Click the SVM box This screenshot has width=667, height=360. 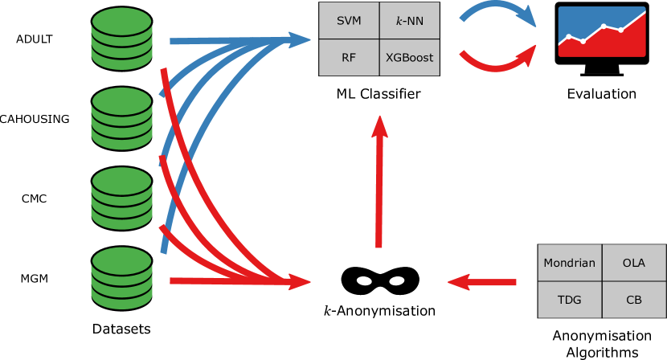(x=349, y=21)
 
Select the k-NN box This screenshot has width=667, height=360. (x=410, y=21)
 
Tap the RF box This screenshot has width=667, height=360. (x=349, y=58)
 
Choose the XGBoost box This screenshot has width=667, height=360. (x=410, y=58)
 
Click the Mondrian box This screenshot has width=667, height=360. (x=569, y=263)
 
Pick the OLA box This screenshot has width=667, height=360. (x=634, y=263)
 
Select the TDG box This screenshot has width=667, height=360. (x=569, y=300)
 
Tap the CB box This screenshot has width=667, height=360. (x=634, y=300)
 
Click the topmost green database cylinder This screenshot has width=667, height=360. (x=121, y=39)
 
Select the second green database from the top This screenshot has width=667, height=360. (x=121, y=118)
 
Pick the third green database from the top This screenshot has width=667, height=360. (x=121, y=198)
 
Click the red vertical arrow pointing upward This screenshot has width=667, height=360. (x=379, y=185)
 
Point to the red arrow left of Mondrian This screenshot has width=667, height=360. (x=482, y=282)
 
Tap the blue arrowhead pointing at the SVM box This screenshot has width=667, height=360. (x=300, y=39)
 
